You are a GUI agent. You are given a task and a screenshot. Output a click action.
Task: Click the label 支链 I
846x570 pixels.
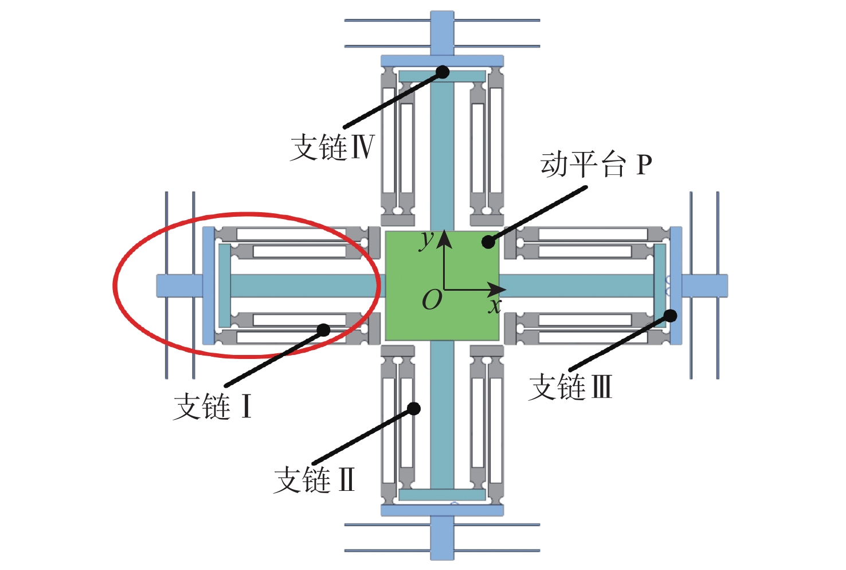tap(213, 407)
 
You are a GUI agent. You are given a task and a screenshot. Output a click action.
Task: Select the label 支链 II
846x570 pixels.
tap(314, 479)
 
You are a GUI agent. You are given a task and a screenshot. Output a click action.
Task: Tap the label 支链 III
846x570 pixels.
tap(570, 386)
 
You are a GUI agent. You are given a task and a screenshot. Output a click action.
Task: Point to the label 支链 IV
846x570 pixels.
tap(332, 147)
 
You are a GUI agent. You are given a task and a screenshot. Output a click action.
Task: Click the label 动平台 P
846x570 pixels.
tap(596, 165)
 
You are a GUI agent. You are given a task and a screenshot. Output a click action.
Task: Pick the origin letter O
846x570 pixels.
tap(432, 300)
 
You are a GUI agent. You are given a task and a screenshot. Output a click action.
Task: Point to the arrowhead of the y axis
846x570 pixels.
tap(444, 239)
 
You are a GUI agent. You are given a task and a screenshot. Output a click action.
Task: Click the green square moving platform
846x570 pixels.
tap(442, 286)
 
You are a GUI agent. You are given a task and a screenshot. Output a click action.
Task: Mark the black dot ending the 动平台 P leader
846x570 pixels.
tap(488, 242)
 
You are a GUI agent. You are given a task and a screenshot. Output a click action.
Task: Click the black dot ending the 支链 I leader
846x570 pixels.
tap(323, 330)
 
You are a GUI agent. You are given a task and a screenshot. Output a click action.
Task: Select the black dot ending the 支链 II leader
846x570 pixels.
tap(414, 408)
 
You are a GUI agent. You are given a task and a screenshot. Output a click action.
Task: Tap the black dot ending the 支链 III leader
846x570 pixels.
tap(670, 315)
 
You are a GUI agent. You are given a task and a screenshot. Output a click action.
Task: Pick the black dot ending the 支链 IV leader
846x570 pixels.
tap(442, 71)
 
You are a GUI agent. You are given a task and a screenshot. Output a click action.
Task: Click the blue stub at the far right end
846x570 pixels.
tap(705, 286)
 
